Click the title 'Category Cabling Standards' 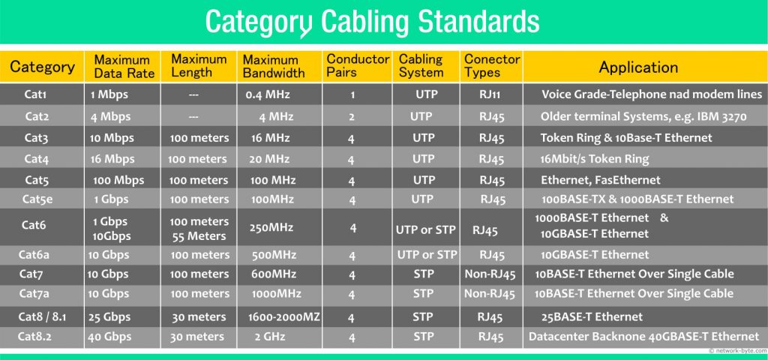click(372, 22)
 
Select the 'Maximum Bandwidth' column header click(274, 67)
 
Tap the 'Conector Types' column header click(492, 67)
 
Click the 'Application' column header click(638, 67)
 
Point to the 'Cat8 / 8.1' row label click(41, 316)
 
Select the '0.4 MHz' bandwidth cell click(268, 95)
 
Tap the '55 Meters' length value click(199, 235)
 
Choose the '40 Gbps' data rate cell click(109, 337)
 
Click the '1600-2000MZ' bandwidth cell click(283, 317)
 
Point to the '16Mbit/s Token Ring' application click(595, 159)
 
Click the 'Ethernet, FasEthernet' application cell click(601, 180)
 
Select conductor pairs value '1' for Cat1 click(351, 96)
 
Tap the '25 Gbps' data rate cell click(109, 317)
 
